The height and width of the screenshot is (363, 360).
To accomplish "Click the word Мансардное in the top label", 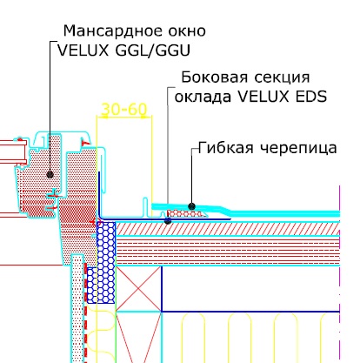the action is (x=111, y=31).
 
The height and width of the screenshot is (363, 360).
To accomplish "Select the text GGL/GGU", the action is (x=152, y=50).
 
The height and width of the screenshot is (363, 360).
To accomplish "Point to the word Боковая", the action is (x=215, y=77).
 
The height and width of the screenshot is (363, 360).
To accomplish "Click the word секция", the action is (x=282, y=78).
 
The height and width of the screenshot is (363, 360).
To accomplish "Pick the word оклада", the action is (x=203, y=97).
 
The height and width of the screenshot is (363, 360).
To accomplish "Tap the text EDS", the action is (x=311, y=97).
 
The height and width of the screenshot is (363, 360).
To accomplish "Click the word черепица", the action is (x=298, y=148).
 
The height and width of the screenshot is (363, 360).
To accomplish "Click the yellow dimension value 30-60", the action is (x=124, y=110).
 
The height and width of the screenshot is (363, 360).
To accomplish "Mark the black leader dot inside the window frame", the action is (x=50, y=174).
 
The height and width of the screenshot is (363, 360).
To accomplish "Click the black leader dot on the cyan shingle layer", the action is (x=191, y=206).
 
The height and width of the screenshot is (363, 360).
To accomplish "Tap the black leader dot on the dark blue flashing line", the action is (x=168, y=221).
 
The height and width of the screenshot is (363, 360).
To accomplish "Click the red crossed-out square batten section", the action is (x=138, y=289).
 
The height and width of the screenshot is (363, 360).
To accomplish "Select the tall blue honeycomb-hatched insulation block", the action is (x=106, y=262).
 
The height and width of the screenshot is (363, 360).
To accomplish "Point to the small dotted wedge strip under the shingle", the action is (x=187, y=214).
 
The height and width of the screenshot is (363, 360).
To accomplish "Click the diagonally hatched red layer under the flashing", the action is (x=227, y=229).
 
